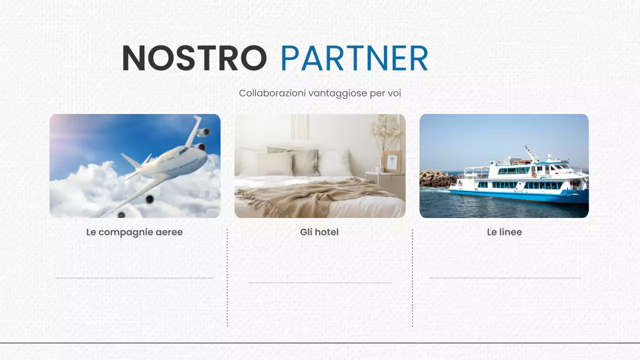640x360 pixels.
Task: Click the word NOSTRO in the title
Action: (x=194, y=58)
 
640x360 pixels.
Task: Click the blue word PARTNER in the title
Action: (x=354, y=58)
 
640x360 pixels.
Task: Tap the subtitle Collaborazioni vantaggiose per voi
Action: (x=320, y=93)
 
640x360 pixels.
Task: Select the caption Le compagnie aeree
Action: (x=134, y=232)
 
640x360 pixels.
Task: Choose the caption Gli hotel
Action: (x=319, y=232)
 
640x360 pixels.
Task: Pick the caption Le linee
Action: (x=504, y=232)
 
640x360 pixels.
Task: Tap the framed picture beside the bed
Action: (x=391, y=161)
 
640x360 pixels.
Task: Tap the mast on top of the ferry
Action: (x=529, y=152)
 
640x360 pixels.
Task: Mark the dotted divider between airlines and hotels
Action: (x=227, y=277)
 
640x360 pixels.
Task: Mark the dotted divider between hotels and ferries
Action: (x=412, y=277)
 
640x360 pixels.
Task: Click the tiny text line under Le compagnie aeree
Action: (x=134, y=277)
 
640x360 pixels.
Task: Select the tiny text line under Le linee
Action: (x=504, y=277)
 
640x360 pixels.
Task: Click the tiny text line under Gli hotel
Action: (x=319, y=282)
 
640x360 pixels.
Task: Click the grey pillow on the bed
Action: (x=303, y=161)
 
